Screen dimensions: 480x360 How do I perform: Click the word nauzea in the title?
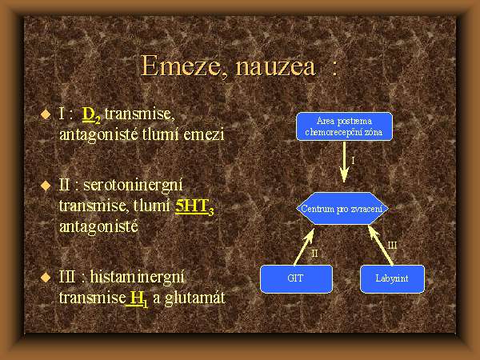tap(275, 67)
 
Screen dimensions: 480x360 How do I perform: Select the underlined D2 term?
tap(91, 115)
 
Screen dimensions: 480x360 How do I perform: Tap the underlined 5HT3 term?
tap(194, 206)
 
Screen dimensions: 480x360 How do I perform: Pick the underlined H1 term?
tap(137, 298)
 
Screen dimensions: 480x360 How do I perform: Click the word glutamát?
tap(194, 298)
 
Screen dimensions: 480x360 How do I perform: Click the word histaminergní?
tap(137, 278)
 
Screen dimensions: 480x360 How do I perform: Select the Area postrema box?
tap(344, 126)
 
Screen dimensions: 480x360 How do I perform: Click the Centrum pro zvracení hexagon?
tap(342, 209)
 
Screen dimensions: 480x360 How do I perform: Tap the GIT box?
tap(296, 279)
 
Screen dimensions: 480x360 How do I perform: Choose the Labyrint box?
tap(392, 279)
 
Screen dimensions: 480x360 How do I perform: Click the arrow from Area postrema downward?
tap(344, 162)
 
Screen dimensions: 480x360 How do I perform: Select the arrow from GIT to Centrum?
tap(305, 246)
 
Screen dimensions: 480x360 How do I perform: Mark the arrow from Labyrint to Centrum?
tap(381, 246)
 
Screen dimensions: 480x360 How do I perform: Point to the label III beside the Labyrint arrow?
tap(392, 246)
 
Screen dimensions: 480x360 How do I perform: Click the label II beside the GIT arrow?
tap(314, 254)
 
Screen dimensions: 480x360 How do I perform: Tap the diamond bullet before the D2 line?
tap(46, 114)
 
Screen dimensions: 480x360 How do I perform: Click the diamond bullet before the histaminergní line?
tap(46, 278)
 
